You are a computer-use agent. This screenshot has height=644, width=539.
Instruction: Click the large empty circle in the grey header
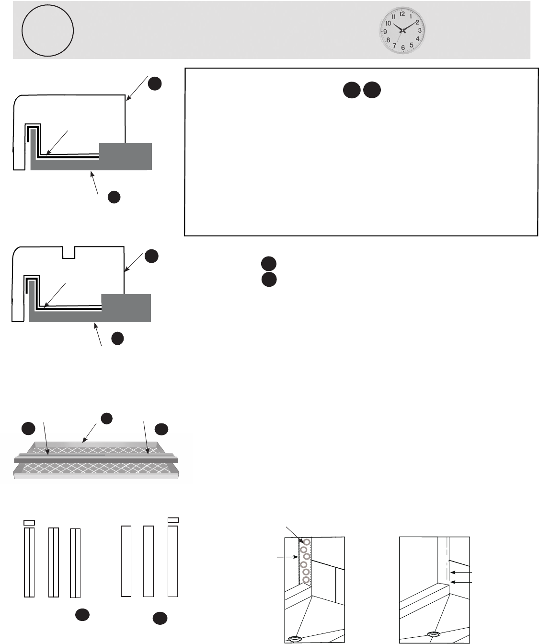pyautogui.click(x=47, y=31)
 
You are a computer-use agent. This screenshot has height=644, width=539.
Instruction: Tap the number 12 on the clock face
pyautogui.click(x=402, y=14)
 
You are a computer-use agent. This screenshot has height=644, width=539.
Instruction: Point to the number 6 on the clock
pyautogui.click(x=403, y=47)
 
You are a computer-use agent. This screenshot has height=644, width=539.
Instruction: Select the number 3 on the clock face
pyautogui.click(x=419, y=30)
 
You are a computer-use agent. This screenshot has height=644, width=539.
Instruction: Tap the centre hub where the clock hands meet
pyautogui.click(x=402, y=31)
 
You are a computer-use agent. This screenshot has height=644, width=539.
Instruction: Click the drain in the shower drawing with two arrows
pyautogui.click(x=435, y=635)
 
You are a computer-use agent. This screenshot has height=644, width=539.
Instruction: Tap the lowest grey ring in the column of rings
pyautogui.click(x=306, y=580)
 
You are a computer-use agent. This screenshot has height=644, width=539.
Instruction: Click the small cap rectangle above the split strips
pyautogui.click(x=29, y=522)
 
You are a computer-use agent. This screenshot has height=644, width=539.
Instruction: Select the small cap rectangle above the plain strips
pyautogui.click(x=173, y=520)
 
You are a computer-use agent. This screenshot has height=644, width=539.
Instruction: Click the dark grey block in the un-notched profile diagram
pyautogui.click(x=126, y=156)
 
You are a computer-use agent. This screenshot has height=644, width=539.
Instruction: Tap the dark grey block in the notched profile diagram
pyautogui.click(x=126, y=307)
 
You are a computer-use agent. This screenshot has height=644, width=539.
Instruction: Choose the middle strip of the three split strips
pyautogui.click(x=54, y=562)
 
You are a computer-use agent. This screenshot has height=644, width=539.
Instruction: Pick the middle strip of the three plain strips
pyautogui.click(x=149, y=561)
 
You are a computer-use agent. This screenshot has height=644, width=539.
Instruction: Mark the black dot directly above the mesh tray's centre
pyautogui.click(x=106, y=418)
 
